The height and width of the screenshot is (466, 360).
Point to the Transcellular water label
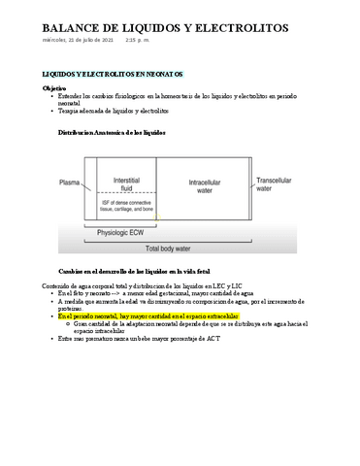point(277,184)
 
